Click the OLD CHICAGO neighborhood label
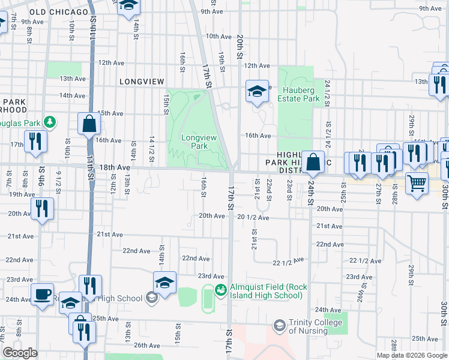53,11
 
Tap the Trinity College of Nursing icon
279,326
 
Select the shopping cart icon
417,182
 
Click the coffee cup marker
41,294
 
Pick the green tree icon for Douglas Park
50,122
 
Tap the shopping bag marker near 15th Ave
89,124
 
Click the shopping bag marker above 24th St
313,161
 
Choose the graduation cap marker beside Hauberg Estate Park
257,91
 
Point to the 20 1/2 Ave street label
253,217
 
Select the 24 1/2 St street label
327,94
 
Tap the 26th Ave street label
146,346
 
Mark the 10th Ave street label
218,37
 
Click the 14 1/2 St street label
152,147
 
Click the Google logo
20,353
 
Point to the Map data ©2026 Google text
412,355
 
